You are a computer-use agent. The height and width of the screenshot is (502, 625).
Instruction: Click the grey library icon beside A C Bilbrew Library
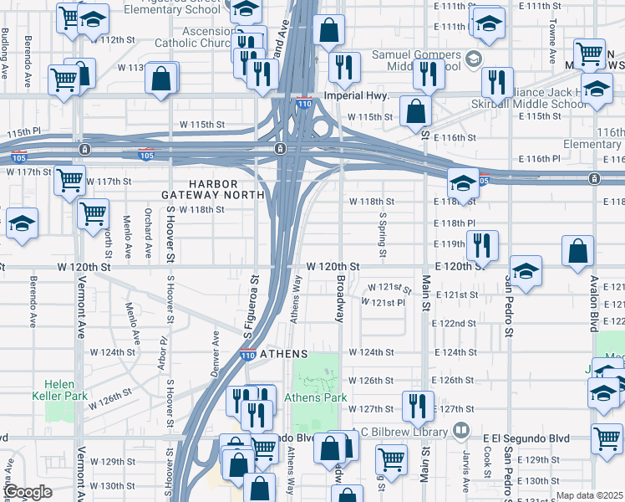point(461,432)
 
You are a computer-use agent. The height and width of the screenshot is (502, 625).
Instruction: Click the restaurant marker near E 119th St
point(482,244)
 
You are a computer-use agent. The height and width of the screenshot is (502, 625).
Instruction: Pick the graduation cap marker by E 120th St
point(526,271)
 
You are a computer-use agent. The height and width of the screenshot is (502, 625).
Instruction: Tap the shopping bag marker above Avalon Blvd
point(578,251)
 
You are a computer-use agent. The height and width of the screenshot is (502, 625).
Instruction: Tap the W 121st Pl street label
point(384,302)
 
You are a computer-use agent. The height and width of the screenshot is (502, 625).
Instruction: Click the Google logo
point(28,493)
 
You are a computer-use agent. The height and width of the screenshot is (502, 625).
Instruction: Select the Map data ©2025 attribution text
point(590,495)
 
